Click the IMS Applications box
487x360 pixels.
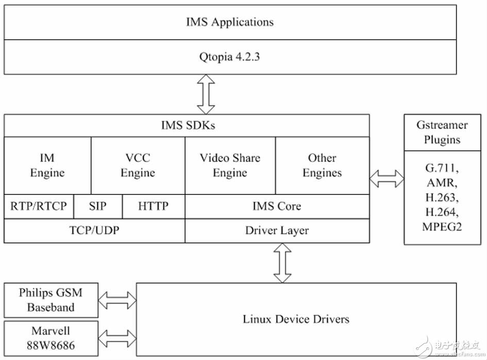[230, 22]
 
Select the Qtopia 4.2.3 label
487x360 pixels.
[229, 57]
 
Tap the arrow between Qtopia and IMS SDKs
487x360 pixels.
[206, 94]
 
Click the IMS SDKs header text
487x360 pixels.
[188, 125]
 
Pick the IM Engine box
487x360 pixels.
[47, 166]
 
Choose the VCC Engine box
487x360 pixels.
[138, 166]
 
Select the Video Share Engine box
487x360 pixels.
[230, 166]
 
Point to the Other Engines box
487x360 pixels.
[323, 166]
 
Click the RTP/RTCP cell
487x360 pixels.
[39, 206]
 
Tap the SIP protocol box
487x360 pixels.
[98, 206]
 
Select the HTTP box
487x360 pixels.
[154, 206]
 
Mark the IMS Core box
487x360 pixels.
[277, 206]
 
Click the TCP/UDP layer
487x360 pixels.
[94, 231]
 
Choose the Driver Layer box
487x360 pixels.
[277, 231]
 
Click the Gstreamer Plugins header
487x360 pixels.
[442, 133]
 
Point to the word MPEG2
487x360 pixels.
[442, 226]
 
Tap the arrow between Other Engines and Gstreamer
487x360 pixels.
[387, 179]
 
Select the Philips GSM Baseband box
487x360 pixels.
[51, 300]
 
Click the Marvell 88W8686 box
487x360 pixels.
[51, 338]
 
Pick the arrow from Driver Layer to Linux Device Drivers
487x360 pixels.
[282, 263]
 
